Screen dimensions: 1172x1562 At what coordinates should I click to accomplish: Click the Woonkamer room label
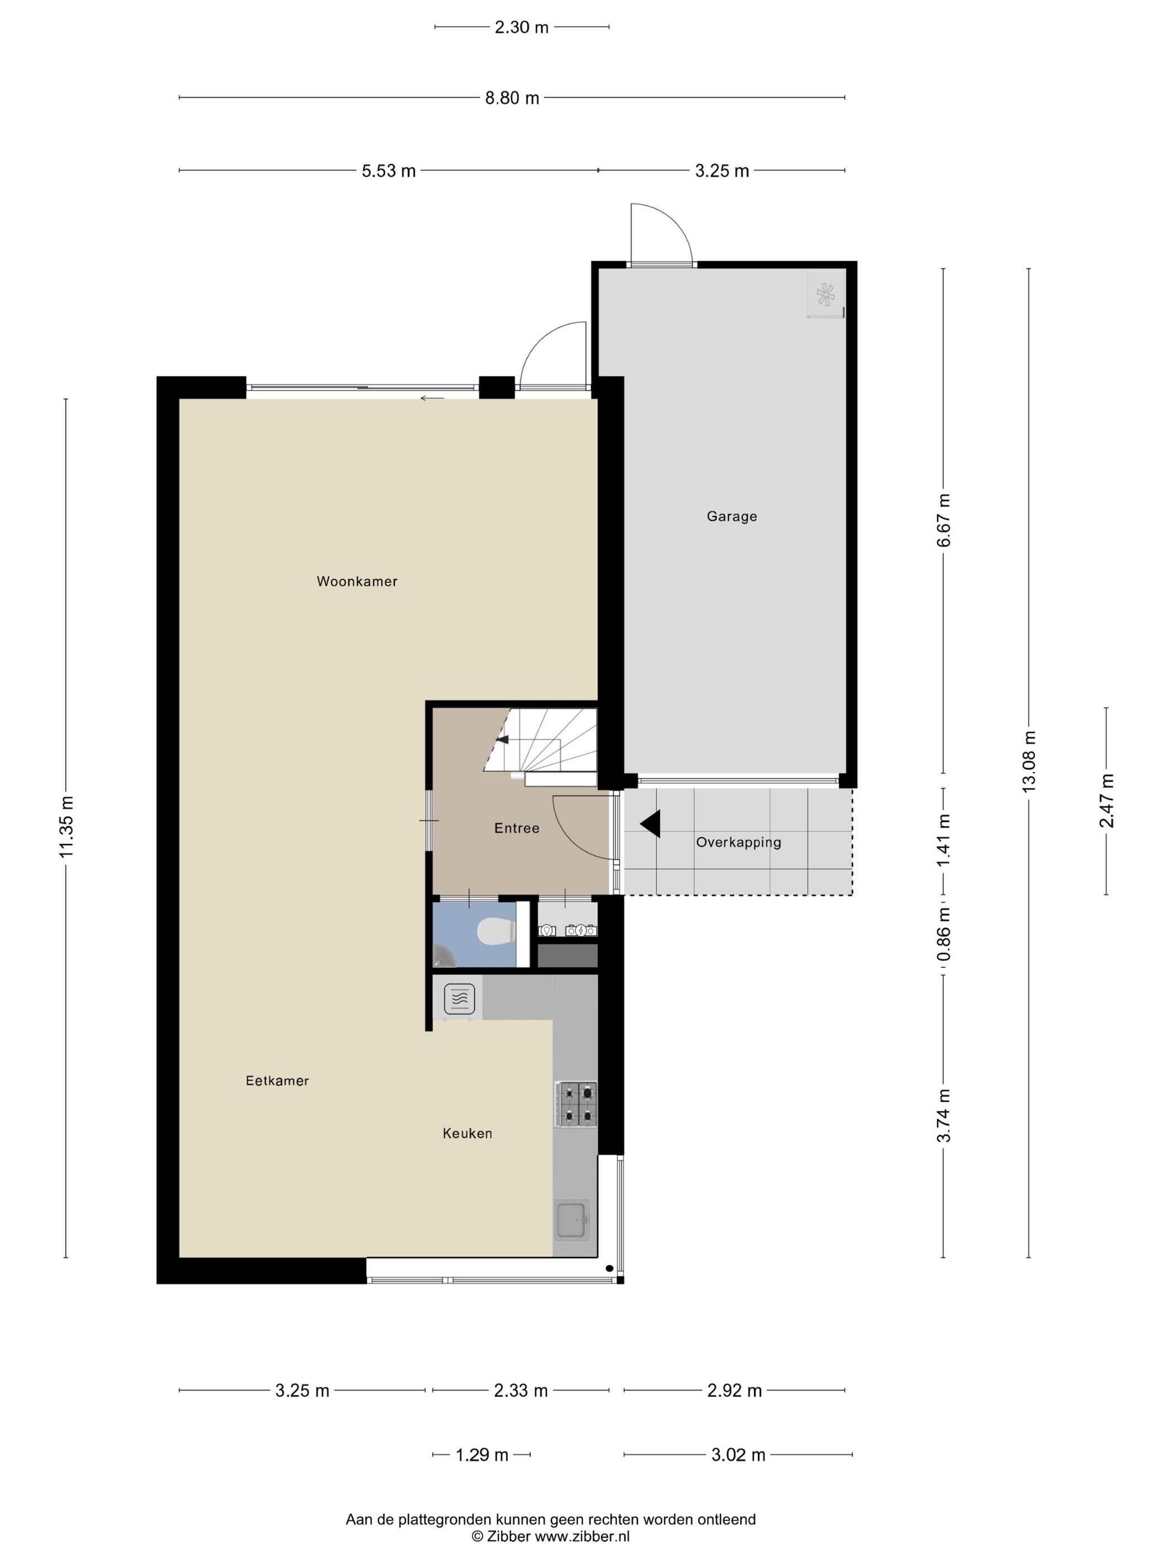coord(357,581)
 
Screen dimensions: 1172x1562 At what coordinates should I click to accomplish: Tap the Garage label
coord(732,516)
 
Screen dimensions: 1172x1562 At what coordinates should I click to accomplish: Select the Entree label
coord(516,828)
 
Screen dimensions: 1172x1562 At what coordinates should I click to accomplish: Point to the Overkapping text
coord(738,842)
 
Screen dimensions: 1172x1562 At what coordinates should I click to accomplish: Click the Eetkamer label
coord(277,1081)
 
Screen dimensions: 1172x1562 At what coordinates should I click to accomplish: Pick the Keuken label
coord(467,1134)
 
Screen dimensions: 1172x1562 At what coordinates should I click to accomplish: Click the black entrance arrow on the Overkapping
coord(650,823)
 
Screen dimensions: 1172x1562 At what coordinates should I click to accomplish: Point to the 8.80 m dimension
coord(511,98)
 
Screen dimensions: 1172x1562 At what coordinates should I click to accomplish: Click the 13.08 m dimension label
coord(1029,761)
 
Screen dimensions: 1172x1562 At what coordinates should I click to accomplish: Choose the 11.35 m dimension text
coord(66,827)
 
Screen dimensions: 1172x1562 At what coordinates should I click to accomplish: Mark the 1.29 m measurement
coord(482,1455)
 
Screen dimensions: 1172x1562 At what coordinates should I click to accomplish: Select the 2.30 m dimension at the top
coord(521,27)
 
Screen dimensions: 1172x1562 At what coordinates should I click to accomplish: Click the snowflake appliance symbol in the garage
coord(825,295)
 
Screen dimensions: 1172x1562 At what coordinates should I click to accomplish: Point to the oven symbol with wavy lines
coord(458,999)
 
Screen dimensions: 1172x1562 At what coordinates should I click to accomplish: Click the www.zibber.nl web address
coord(582,1536)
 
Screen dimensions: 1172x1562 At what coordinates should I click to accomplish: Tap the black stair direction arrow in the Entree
coord(502,739)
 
